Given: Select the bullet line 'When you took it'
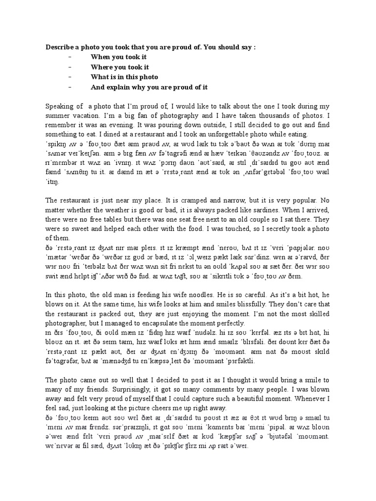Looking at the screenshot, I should click(x=118, y=57).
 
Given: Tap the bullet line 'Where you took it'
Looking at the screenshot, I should click(x=119, y=67).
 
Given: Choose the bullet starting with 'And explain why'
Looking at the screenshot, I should click(x=149, y=87).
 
